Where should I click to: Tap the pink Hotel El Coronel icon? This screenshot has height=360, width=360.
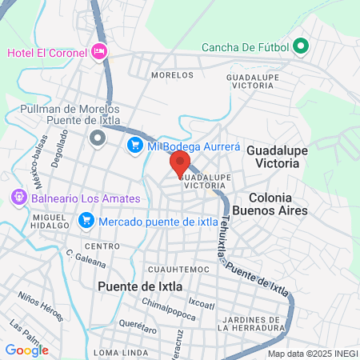click(x=99, y=52)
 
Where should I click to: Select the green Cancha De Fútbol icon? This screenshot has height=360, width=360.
click(x=301, y=46)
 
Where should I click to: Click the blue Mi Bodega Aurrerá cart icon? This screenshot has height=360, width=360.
click(x=134, y=145)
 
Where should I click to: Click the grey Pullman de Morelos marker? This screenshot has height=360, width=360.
click(x=98, y=139)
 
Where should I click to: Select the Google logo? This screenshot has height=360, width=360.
click(x=26, y=350)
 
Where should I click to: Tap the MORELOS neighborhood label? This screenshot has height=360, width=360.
click(x=172, y=75)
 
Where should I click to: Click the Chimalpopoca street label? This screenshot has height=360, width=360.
click(x=169, y=306)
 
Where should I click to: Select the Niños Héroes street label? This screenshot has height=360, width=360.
click(x=40, y=306)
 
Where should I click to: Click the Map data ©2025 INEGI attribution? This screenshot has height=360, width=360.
click(x=311, y=353)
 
